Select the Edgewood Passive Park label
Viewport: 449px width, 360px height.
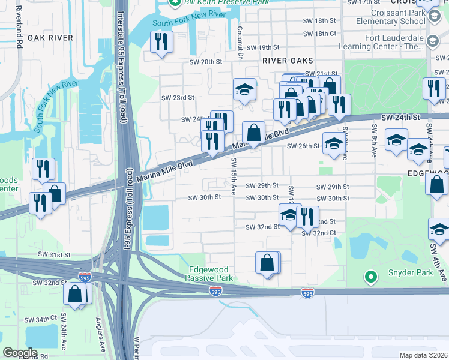pyautogui.click(x=210, y=274)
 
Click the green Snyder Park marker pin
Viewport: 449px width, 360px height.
pyautogui.click(x=371, y=277)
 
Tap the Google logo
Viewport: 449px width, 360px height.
pyautogui.click(x=20, y=352)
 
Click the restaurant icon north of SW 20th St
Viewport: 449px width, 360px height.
pyautogui.click(x=161, y=41)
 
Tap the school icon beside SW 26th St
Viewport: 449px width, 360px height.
pyautogui.click(x=333, y=143)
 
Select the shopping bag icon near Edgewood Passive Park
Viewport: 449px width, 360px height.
pyautogui.click(x=267, y=262)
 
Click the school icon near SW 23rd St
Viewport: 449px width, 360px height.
pyautogui.click(x=244, y=89)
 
